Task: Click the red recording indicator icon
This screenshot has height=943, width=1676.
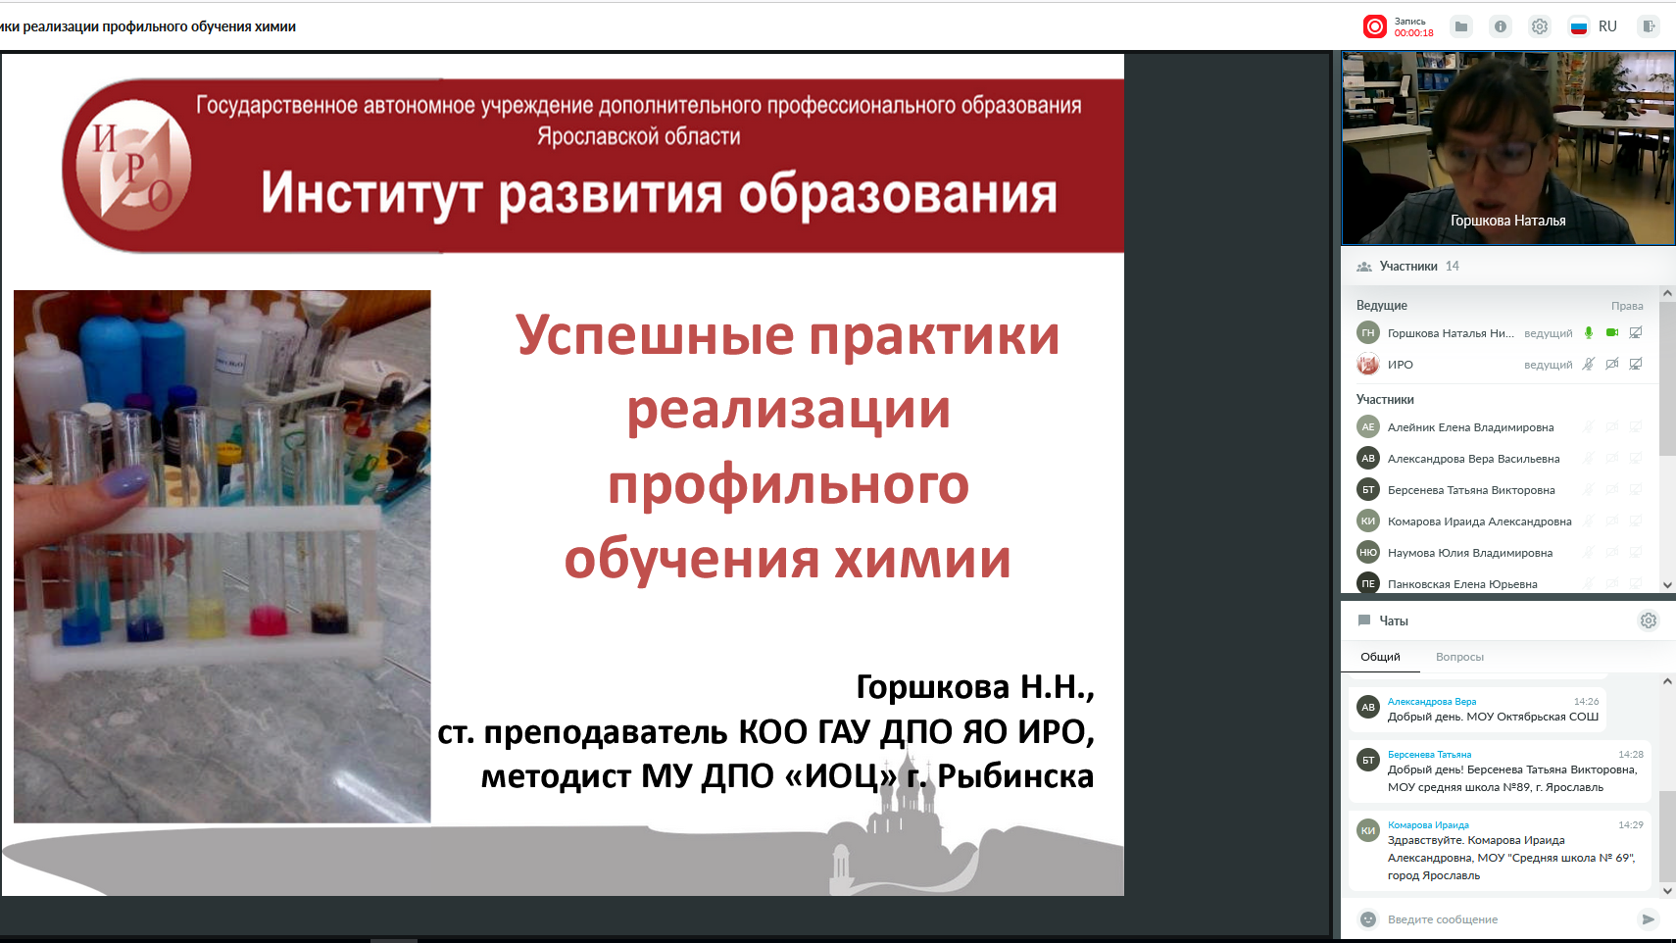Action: [x=1374, y=26]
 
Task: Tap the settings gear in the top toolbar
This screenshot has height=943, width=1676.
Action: [x=1539, y=26]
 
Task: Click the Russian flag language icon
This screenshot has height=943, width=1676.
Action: [x=1579, y=26]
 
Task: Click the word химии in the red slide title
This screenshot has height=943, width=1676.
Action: [x=922, y=559]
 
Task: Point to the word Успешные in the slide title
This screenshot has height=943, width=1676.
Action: [x=655, y=335]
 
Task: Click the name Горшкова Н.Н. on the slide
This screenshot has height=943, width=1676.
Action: [x=975, y=687]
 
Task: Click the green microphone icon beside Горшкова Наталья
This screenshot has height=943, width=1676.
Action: [x=1589, y=333]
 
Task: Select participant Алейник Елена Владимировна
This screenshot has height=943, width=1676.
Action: [x=1470, y=427]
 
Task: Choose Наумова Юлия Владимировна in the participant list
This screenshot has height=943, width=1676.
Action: [x=1469, y=553]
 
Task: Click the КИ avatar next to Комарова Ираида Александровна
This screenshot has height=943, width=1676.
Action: [x=1367, y=521]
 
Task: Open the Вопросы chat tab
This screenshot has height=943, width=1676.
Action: [x=1459, y=657]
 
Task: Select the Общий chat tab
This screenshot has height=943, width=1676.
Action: [x=1380, y=657]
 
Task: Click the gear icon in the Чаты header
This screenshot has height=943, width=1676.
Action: [x=1649, y=620]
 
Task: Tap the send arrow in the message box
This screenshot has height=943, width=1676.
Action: [x=1648, y=919]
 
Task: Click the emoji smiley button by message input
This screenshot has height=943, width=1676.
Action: [x=1367, y=919]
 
